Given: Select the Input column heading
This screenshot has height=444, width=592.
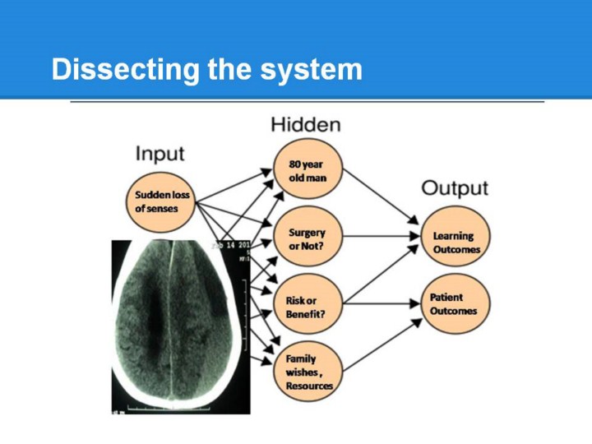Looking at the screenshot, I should pyautogui.click(x=160, y=154).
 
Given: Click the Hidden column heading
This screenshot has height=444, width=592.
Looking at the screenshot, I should pyautogui.click(x=306, y=125).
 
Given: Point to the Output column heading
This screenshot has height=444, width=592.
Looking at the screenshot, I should pyautogui.click(x=455, y=188).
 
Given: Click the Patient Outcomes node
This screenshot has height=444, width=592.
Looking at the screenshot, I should pyautogui.click(x=454, y=303).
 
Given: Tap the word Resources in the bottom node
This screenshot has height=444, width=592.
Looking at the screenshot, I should pyautogui.click(x=310, y=386).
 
